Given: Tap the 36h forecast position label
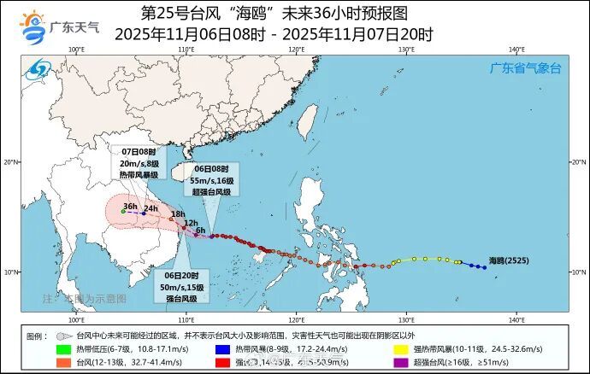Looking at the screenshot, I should pyautogui.click(x=130, y=206).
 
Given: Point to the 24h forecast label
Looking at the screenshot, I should pyautogui.click(x=150, y=208).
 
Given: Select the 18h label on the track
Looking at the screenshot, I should pyautogui.click(x=178, y=213).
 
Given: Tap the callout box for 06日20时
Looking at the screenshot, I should pyautogui.click(x=181, y=287).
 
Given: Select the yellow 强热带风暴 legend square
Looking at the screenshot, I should pyautogui.click(x=399, y=349).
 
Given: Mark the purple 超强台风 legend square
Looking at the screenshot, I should pyautogui.click(x=399, y=363).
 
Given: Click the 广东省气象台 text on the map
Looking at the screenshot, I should pyautogui.click(x=524, y=67).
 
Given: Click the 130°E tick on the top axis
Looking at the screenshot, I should pyautogui.click(x=406, y=50).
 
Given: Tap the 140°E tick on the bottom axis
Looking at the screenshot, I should pyautogui.click(x=516, y=319).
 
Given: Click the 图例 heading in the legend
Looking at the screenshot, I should pyautogui.click(x=36, y=336).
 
